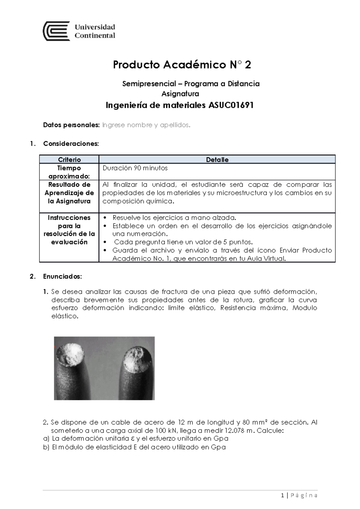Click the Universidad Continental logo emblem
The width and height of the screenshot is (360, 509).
click(56, 31)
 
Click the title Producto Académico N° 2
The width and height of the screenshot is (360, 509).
click(182, 65)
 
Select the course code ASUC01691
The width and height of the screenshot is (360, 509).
click(229, 105)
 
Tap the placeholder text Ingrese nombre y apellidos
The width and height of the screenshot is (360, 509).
click(146, 125)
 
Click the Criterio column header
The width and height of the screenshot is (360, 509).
click(69, 159)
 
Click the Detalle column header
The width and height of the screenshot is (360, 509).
click(217, 159)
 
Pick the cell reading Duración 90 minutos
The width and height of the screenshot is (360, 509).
click(135, 168)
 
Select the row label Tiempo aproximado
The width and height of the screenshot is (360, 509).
click(69, 172)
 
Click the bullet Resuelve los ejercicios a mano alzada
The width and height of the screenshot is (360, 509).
click(174, 218)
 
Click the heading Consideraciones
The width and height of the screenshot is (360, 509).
click(71, 144)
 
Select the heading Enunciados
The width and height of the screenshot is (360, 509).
click(62, 276)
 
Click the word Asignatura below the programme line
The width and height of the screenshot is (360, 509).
click(180, 94)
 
